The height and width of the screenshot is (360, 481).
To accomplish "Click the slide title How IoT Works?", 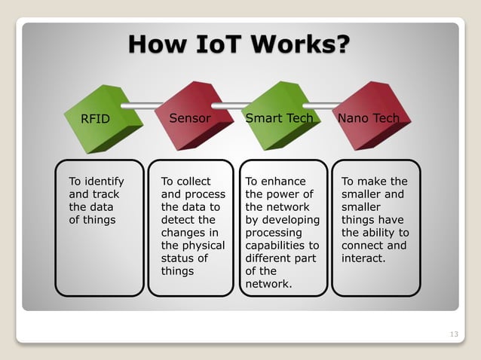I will [x=239, y=44].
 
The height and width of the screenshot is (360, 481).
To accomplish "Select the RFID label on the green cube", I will [x=96, y=119].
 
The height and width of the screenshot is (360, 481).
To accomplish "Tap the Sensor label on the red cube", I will [x=189, y=118].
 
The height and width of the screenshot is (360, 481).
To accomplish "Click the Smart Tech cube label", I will [x=279, y=118].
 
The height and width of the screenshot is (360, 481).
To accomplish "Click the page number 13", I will [x=453, y=334].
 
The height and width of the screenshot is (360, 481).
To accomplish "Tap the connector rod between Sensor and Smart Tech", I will [x=234, y=105].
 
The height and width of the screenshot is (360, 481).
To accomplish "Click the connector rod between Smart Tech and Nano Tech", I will [x=323, y=105].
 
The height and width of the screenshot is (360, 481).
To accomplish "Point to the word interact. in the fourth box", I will [x=363, y=258].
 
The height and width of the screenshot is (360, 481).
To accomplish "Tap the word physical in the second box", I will [x=204, y=246].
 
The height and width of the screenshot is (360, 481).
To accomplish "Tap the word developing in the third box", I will [x=291, y=220].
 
